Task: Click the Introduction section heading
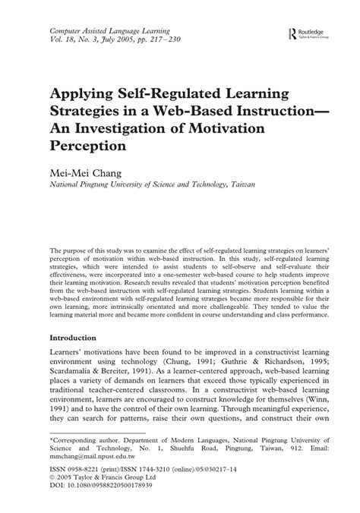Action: [x=84, y=337]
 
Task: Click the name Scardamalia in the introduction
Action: [x=77, y=374]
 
